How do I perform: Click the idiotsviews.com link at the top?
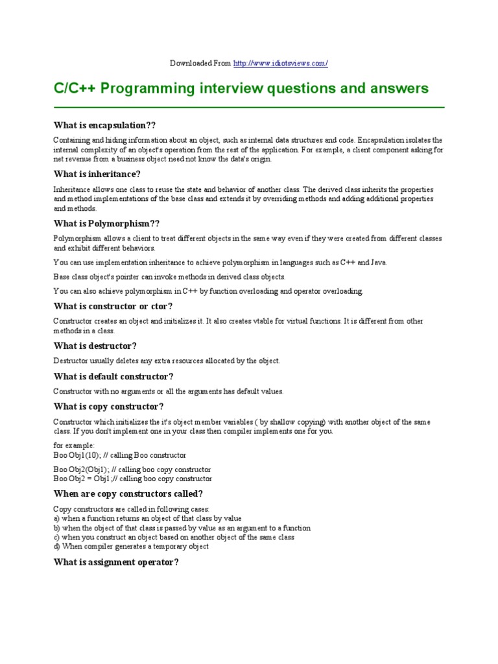coord(280,63)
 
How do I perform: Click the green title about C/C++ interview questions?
coord(241,88)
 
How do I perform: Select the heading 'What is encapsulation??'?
coord(105,124)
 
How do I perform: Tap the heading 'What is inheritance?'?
coord(97,174)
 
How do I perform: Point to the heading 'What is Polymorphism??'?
coord(106,223)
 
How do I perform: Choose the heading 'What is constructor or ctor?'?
coord(113,306)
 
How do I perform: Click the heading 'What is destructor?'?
coord(95,346)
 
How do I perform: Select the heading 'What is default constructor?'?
coord(113,376)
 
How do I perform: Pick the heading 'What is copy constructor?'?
coord(108,407)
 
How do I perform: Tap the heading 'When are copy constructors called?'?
coord(128,493)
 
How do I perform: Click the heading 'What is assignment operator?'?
coord(116,562)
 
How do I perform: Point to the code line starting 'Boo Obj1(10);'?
coord(120,455)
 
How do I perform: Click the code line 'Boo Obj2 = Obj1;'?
coord(132,479)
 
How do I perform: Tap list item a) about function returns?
coord(147,519)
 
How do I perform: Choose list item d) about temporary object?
coord(131,546)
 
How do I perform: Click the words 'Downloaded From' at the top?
coord(200,63)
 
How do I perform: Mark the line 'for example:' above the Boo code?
coord(74,446)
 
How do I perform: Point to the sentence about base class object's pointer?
coord(169,277)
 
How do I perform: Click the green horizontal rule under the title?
coord(249,106)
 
